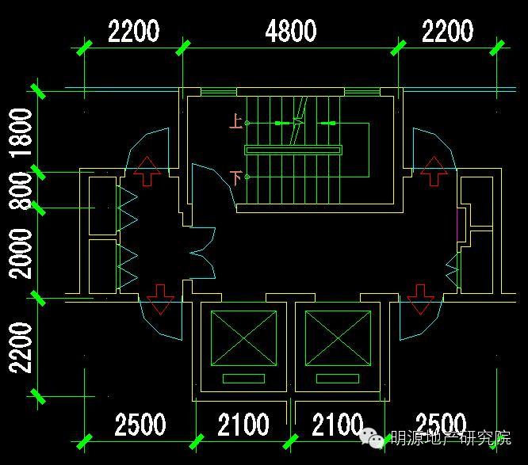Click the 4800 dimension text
(291, 32)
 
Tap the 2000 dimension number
(22, 253)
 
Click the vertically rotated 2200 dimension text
(22, 347)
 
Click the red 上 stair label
(235, 122)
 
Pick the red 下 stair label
(235, 177)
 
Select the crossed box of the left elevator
(243, 338)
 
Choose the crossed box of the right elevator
(339, 338)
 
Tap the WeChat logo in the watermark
(373, 436)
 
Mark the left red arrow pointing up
(147, 170)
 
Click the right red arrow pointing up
(433, 170)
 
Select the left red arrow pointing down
(161, 299)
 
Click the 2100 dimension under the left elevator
(243, 425)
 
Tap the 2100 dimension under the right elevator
(337, 425)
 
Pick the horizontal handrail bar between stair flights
(293, 150)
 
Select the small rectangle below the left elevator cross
(243, 379)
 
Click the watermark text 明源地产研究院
(450, 438)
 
